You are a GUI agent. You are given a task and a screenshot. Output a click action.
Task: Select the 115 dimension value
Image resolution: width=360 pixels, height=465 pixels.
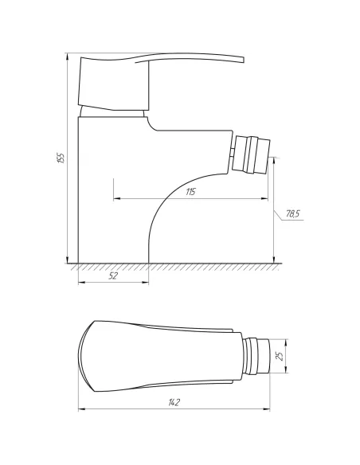pos(190,193)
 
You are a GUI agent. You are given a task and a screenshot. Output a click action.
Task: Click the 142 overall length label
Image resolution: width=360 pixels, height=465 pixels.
pos(174,403)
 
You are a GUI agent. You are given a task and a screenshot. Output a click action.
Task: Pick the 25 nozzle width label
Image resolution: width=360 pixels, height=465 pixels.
pos(279,357)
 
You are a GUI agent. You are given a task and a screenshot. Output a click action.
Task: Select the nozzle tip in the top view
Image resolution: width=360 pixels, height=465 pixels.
pos(254,357)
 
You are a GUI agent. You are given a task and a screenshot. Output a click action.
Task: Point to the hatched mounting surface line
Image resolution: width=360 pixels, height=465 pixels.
pos(175,267)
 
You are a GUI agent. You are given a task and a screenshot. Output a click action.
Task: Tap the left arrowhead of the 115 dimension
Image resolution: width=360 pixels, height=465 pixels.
pos(116,198)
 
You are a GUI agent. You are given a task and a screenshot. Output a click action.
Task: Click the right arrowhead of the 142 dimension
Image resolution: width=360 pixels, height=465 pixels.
pos(265,410)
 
